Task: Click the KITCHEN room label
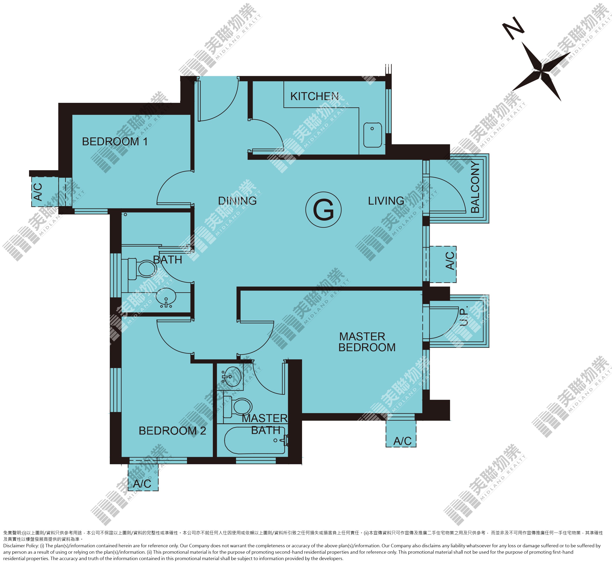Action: (x=314, y=96)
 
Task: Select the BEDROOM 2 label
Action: (x=172, y=431)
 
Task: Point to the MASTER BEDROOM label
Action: (x=367, y=342)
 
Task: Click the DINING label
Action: (x=237, y=201)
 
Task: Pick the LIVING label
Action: (x=386, y=201)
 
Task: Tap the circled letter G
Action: (x=323, y=210)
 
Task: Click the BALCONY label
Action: (x=475, y=187)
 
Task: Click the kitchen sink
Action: (x=372, y=135)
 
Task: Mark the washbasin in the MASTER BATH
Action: (x=230, y=376)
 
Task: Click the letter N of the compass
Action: (x=514, y=28)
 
